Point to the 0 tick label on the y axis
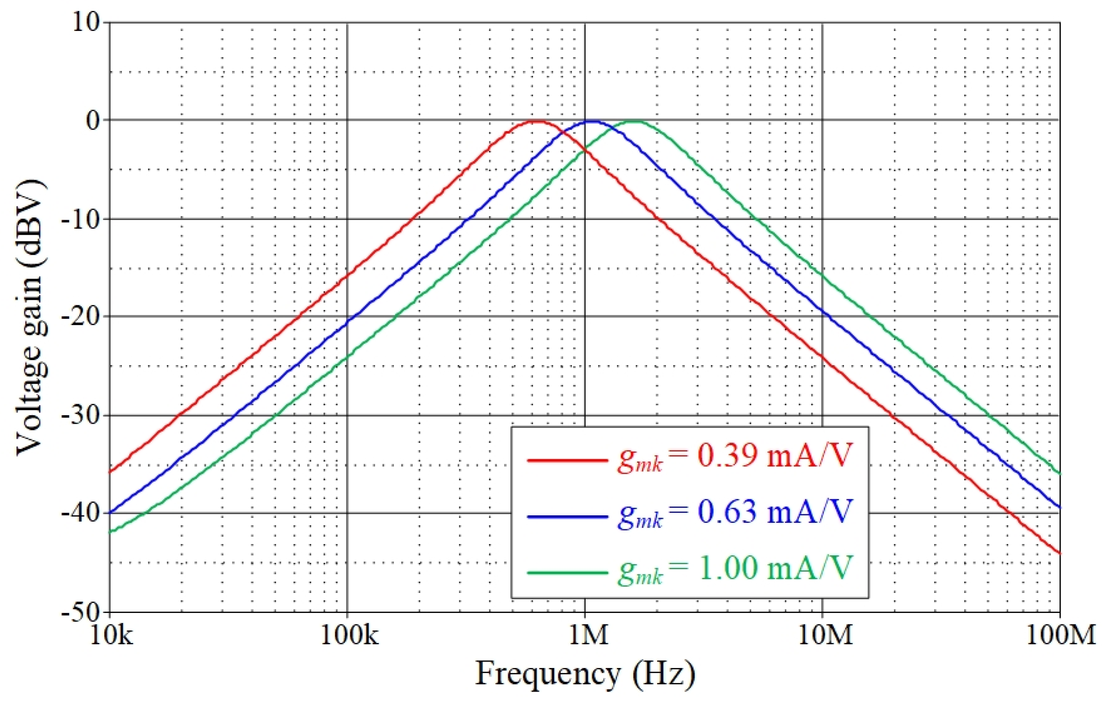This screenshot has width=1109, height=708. click(x=93, y=121)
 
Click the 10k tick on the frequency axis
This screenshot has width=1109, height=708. click(x=111, y=636)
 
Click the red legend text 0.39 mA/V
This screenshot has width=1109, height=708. click(x=735, y=457)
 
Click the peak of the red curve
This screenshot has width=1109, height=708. click(x=536, y=121)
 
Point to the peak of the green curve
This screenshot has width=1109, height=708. click(x=636, y=121)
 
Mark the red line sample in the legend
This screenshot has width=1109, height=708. click(x=567, y=460)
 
